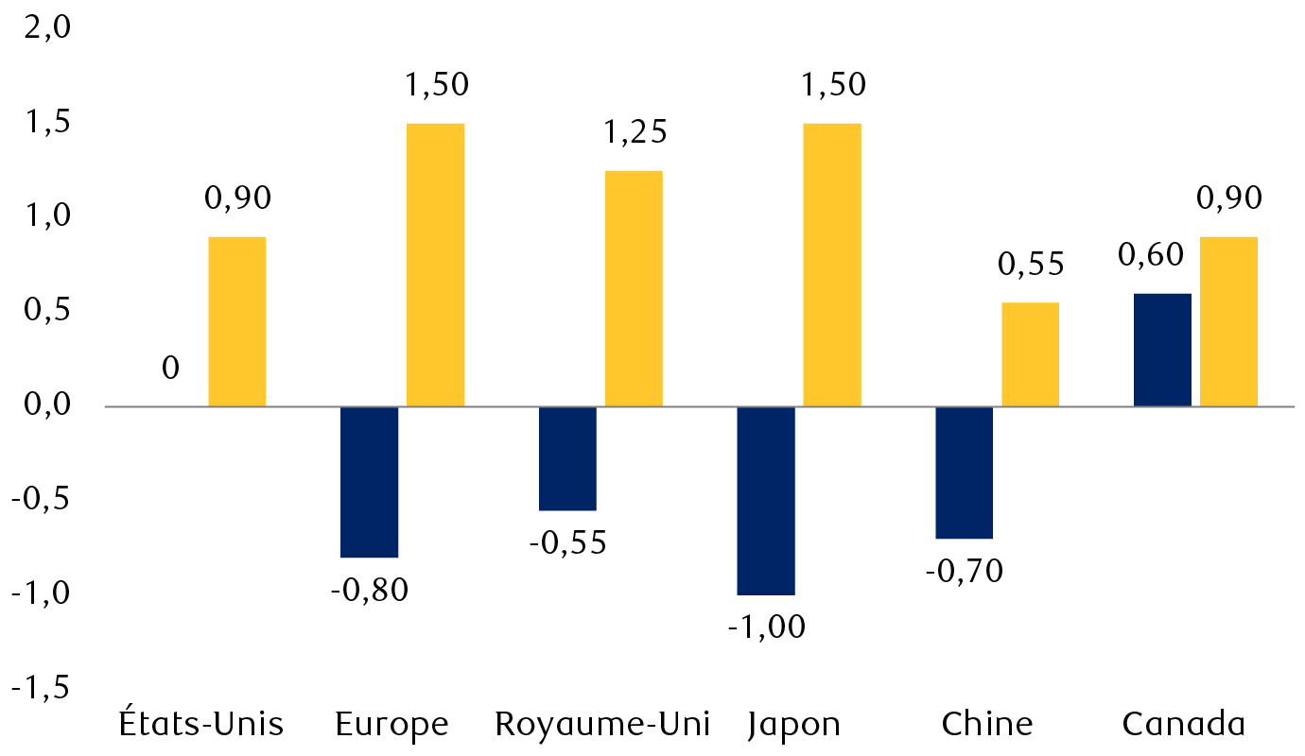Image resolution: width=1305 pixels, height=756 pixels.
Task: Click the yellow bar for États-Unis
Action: coord(236,321)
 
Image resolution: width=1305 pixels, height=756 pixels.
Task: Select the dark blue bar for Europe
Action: coord(369,482)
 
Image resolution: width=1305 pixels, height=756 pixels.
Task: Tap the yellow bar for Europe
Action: coord(435,265)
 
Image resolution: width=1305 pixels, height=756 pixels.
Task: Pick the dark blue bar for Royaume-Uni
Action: coord(567,458)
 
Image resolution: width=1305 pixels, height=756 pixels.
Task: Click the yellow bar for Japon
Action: coord(832,265)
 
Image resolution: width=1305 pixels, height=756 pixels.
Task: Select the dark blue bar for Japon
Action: coord(766,501)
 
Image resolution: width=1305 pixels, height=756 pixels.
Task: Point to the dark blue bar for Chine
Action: coord(964,472)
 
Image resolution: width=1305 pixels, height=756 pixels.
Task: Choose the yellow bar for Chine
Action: coord(1030,354)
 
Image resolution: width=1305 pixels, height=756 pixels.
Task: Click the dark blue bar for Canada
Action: coord(1162,350)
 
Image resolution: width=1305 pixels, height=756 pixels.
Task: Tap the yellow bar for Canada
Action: coord(1228,321)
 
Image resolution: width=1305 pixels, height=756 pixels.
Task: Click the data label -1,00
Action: coord(766,627)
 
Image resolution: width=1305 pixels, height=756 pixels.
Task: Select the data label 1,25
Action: coord(634,132)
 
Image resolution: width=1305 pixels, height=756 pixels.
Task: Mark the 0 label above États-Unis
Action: coord(170,368)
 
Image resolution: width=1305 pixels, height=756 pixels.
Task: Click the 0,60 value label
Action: coord(1151,255)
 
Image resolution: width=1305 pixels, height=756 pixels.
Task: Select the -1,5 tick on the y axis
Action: coord(42,688)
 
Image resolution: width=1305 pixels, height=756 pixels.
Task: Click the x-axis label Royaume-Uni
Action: coord(602,725)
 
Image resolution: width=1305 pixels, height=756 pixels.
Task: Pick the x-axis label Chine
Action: coord(987,725)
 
